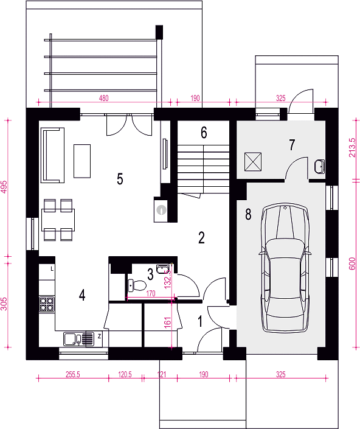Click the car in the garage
tap(285, 268)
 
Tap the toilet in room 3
tap(137, 285)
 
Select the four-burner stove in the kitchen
tap(47, 304)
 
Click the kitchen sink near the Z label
tap(78, 339)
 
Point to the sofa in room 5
tap(52, 155)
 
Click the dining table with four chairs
tap(58, 220)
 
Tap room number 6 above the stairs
tap(204, 133)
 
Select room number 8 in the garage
tap(248, 214)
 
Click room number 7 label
tap(292, 145)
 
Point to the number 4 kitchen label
tap(82, 295)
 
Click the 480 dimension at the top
tap(103, 98)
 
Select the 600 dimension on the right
tap(352, 263)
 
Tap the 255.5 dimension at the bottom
tap(73, 374)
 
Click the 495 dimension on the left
tap(4, 187)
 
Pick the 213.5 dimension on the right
tap(352, 147)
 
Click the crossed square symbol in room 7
tap(253, 162)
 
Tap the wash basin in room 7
tap(319, 167)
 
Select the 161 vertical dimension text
tap(168, 323)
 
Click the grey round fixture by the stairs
tap(162, 210)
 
